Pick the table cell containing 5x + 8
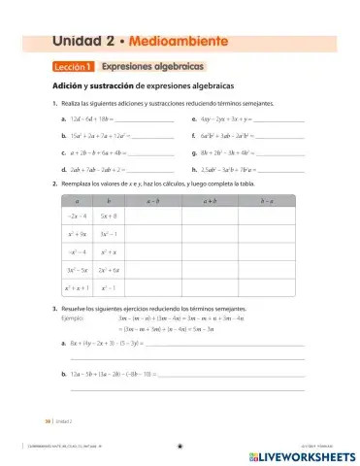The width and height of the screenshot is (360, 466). coord(108,216)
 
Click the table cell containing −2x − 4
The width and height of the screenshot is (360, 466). coord(78,216)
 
